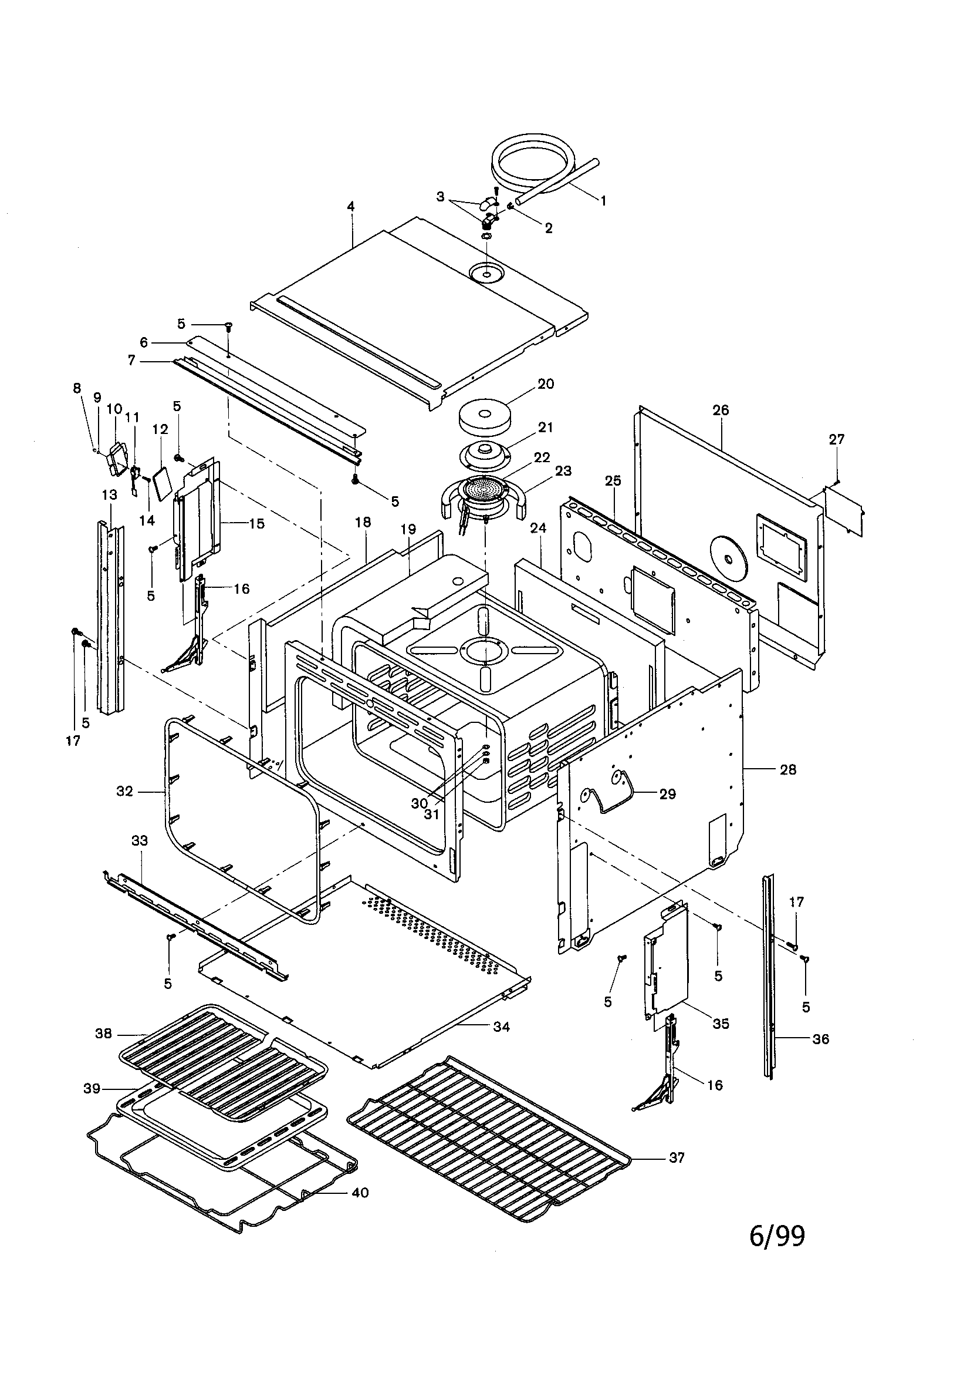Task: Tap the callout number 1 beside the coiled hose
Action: point(603,201)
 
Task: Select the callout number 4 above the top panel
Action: point(351,206)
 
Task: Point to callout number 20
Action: point(546,384)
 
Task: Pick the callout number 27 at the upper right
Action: point(837,439)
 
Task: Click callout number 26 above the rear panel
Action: point(721,410)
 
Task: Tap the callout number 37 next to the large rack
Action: point(677,1157)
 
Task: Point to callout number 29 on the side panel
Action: point(667,794)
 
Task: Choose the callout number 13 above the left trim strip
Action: point(109,495)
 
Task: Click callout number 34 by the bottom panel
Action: point(502,1027)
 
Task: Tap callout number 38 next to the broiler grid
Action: point(103,1034)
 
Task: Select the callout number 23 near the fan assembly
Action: point(563,470)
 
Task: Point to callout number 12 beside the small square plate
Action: point(160,429)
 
